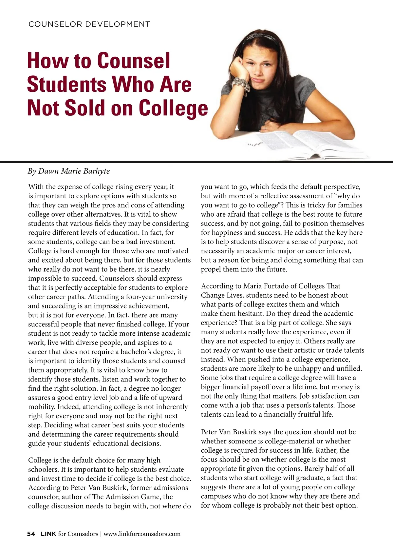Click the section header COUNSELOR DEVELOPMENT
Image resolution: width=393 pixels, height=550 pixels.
89,24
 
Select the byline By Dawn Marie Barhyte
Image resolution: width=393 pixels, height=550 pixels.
69,171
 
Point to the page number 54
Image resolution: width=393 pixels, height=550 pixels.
31,534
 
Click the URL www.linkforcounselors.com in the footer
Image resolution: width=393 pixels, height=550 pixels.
142,534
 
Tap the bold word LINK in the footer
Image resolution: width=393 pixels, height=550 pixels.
48,534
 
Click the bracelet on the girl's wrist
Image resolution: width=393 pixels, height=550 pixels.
241,86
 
